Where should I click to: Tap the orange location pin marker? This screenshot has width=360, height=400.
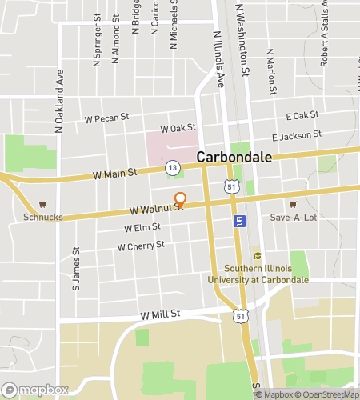click(181, 199)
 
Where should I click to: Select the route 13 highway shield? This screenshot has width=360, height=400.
click(172, 167)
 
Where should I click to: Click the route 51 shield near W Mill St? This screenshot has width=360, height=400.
click(240, 317)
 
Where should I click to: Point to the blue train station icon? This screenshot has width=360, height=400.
click(238, 221)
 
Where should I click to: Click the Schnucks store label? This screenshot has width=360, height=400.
click(42, 217)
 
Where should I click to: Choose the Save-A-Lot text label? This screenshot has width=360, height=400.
click(294, 217)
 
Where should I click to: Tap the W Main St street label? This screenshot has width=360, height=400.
click(114, 172)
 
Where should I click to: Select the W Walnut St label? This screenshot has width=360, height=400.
click(156, 210)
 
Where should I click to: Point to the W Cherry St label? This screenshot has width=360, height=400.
click(140, 246)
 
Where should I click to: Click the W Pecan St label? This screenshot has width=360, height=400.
click(107, 118)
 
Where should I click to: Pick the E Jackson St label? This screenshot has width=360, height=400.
click(296, 135)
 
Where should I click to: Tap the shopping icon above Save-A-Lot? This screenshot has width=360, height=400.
click(292, 204)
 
